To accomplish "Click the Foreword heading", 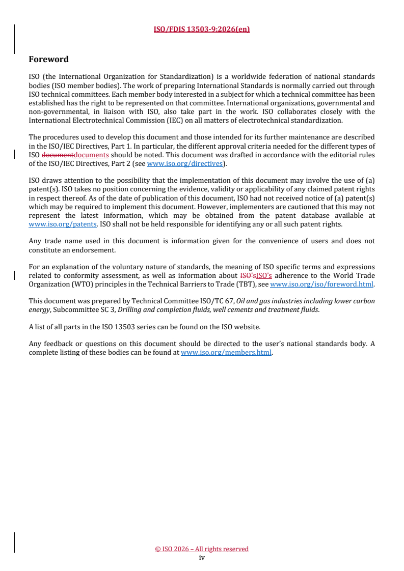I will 49,60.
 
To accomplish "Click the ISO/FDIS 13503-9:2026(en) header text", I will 202,29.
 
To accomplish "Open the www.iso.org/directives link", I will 185,164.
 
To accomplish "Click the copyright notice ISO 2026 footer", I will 202,549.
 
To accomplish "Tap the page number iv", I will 202,557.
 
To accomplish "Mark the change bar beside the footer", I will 14,543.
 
